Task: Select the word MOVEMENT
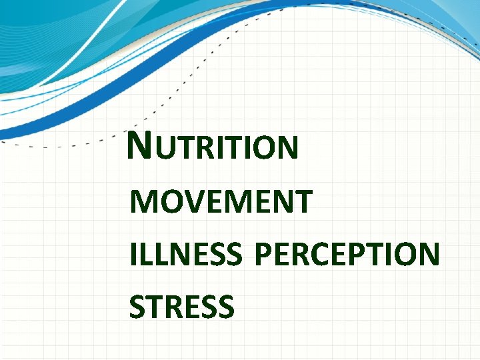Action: pyautogui.click(x=221, y=202)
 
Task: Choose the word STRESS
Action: pyautogui.click(x=181, y=307)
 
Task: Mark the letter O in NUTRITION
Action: pyautogui.click(x=261, y=148)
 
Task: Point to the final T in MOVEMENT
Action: pyautogui.click(x=303, y=202)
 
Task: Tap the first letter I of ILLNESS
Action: pyautogui.click(x=133, y=255)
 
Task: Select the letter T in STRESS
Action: pyautogui.click(x=156, y=307)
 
